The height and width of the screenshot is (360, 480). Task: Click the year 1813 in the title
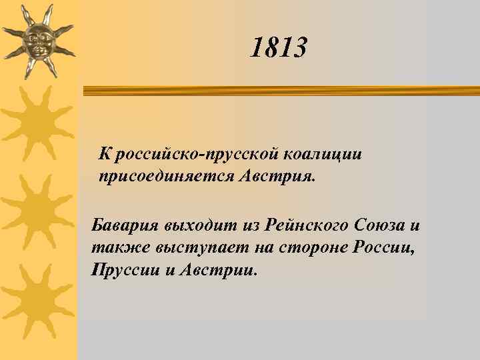coord(279,48)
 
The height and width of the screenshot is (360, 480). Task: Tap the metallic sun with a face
coord(37,40)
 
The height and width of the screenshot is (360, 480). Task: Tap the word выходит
coord(190,225)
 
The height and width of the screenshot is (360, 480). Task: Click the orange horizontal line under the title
coord(280,89)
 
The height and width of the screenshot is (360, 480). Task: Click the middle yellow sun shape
coord(37,210)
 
